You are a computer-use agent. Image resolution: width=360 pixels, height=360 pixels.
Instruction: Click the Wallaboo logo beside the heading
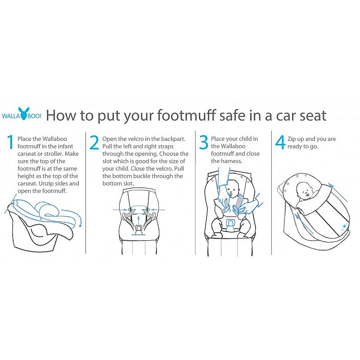tap(22, 113)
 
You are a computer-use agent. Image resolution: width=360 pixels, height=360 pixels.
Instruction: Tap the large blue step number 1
tap(10, 142)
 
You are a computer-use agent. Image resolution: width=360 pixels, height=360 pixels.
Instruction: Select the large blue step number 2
tap(94, 142)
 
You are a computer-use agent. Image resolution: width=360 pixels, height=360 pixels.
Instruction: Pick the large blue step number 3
tap(203, 142)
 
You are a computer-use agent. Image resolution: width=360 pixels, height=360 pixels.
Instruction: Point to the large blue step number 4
tap(280, 142)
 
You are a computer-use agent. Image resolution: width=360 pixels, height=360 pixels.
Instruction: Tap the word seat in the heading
tap(313, 116)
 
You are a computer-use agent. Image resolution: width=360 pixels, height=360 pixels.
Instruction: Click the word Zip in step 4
tap(292, 139)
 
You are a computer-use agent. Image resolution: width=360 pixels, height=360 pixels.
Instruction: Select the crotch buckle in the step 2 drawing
tap(139, 229)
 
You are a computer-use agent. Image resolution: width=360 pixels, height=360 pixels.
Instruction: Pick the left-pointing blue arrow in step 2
tap(157, 210)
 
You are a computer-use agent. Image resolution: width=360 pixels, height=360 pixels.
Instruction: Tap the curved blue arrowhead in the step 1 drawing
tap(81, 225)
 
